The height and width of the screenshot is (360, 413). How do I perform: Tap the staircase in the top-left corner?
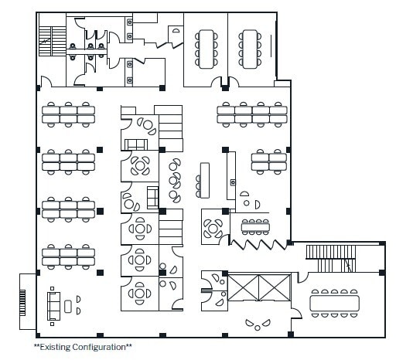pos(52,34)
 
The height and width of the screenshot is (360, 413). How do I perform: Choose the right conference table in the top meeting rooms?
pos(250,47)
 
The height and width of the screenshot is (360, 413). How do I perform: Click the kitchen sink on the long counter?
pos(231,182)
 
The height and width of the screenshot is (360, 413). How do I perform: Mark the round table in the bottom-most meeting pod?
pos(140,293)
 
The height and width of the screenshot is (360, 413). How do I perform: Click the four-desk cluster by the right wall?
pos(268,161)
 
